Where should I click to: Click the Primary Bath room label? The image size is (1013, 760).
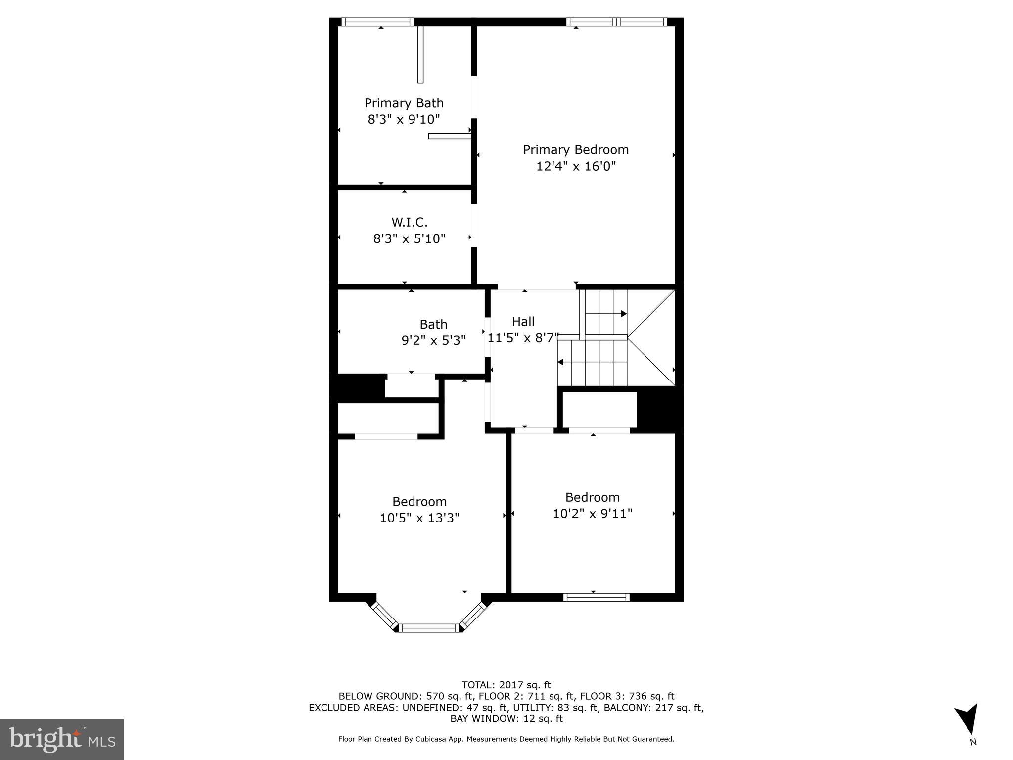[404, 103]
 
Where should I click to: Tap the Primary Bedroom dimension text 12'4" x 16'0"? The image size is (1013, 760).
[576, 166]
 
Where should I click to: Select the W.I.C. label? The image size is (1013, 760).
[409, 222]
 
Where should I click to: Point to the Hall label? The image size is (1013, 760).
[523, 322]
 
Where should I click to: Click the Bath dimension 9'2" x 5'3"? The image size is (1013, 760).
[433, 340]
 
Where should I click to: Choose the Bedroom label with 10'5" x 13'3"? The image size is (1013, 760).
[419, 502]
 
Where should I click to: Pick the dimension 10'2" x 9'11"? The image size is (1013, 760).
[592, 514]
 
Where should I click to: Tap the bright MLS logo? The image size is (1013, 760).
[62, 739]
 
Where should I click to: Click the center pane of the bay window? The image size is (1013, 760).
[428, 628]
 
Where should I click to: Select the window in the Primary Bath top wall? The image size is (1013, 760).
[377, 22]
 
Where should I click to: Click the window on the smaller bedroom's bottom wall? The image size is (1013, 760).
[596, 597]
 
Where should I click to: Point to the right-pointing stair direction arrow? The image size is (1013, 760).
[623, 314]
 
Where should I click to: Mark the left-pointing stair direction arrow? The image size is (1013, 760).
[561, 362]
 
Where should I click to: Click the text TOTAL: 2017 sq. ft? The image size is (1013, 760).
[506, 685]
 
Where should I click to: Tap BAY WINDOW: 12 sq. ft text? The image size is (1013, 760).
[506, 718]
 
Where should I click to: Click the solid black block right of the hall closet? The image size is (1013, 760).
[659, 409]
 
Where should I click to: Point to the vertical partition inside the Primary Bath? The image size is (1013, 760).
[420, 54]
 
